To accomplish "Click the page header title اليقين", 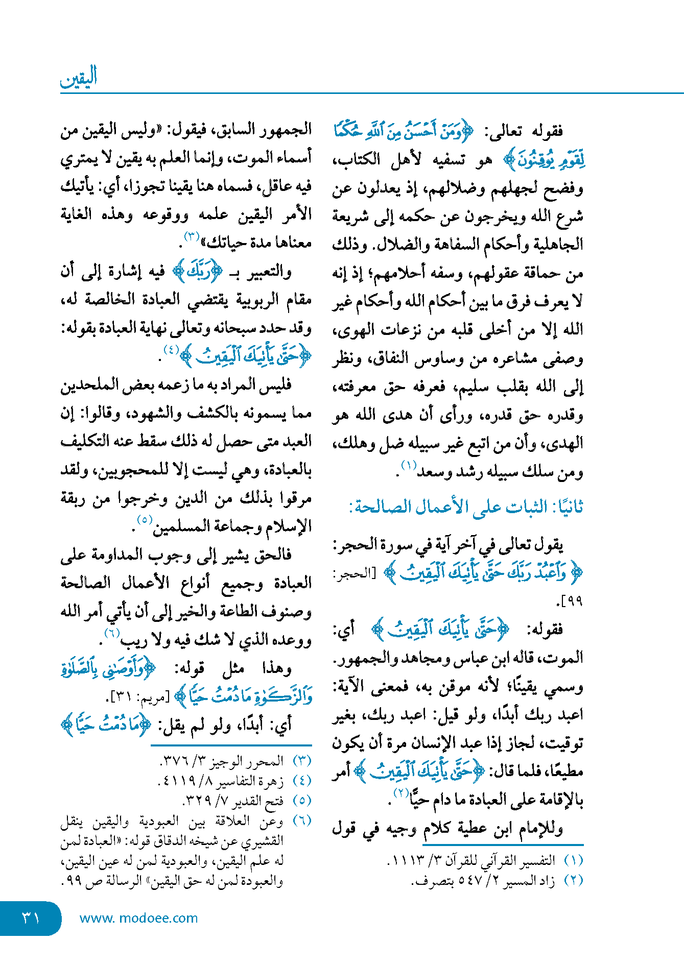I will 79,78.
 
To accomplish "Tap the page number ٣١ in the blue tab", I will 31,918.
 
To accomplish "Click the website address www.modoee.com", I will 138,918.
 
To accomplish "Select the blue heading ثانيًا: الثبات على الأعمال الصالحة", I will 466,507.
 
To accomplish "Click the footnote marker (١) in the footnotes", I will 573,861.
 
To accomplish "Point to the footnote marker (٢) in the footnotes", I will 573,881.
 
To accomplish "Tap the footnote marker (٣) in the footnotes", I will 302,761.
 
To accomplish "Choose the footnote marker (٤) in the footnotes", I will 302,781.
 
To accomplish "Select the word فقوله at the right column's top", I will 547,132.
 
